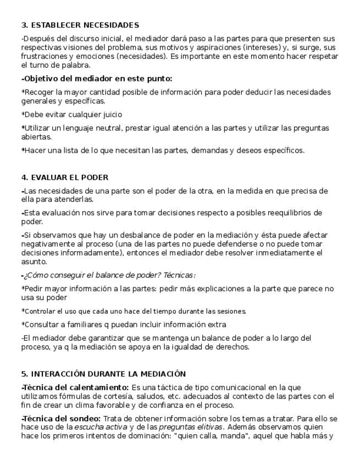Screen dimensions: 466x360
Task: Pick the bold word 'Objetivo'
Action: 41,79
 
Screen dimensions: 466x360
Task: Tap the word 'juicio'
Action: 110,114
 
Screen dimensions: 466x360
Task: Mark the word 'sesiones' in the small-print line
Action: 232,311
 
